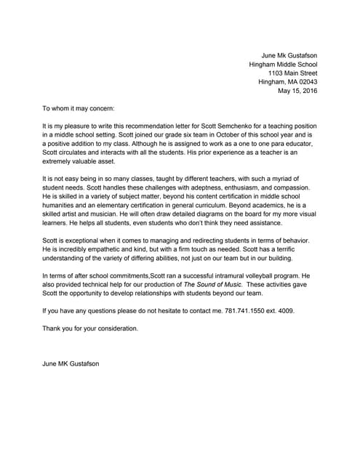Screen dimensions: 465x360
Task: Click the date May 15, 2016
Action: pyautogui.click(x=297, y=91)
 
